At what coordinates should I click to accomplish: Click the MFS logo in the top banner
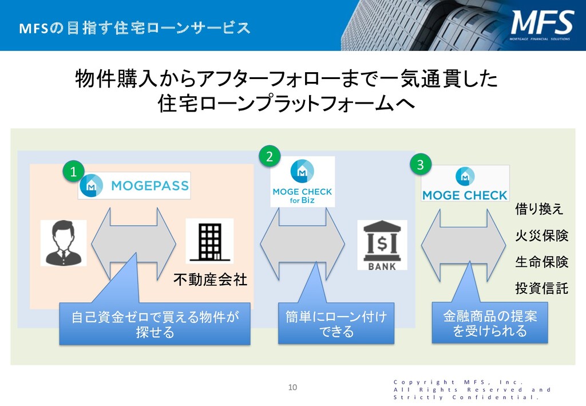pyautogui.click(x=542, y=25)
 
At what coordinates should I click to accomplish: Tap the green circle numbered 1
pyautogui.click(x=73, y=171)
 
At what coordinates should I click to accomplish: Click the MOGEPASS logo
pyautogui.click(x=134, y=186)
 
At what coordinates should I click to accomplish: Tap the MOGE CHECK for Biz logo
pyautogui.click(x=302, y=181)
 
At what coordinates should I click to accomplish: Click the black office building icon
pyautogui.click(x=209, y=241)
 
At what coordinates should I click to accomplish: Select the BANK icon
pyautogui.click(x=382, y=245)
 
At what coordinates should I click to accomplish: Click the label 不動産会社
pyautogui.click(x=210, y=279)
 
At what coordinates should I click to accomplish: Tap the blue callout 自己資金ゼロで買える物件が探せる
pyautogui.click(x=155, y=325)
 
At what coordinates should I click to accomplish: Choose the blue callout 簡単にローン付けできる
pyautogui.click(x=336, y=324)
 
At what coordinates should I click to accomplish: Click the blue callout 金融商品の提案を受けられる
pyautogui.click(x=489, y=324)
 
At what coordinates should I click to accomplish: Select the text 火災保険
pyautogui.click(x=541, y=235)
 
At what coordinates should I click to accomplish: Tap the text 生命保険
pyautogui.click(x=541, y=262)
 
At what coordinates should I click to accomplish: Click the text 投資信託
pyautogui.click(x=541, y=288)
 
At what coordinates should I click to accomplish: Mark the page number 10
pyautogui.click(x=292, y=388)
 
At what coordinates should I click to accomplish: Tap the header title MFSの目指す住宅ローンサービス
pyautogui.click(x=135, y=27)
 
